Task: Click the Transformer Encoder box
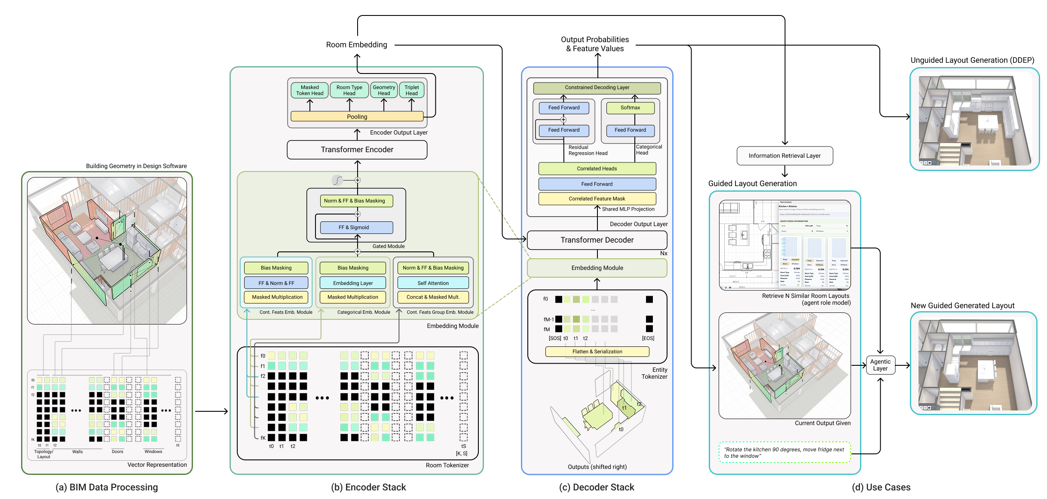tap(357, 150)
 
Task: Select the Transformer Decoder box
tap(597, 240)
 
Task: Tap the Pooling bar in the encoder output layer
tap(357, 116)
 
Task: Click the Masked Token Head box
tap(309, 90)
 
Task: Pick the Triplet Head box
tap(411, 90)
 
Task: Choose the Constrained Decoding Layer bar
tap(597, 88)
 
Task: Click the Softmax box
tap(630, 108)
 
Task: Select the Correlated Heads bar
tap(597, 168)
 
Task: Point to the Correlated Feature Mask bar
tap(597, 199)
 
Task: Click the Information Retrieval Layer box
tap(784, 156)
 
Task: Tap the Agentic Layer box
tap(880, 365)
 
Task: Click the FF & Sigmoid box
tap(356, 227)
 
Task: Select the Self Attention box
tap(433, 283)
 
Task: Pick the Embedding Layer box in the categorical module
tap(353, 283)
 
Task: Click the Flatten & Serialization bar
tap(597, 352)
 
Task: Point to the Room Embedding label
tap(356, 45)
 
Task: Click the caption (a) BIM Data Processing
tap(107, 487)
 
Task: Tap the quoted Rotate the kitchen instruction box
tap(784, 453)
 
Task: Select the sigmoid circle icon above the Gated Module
tap(337, 180)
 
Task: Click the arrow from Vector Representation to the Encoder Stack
tap(211, 411)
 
